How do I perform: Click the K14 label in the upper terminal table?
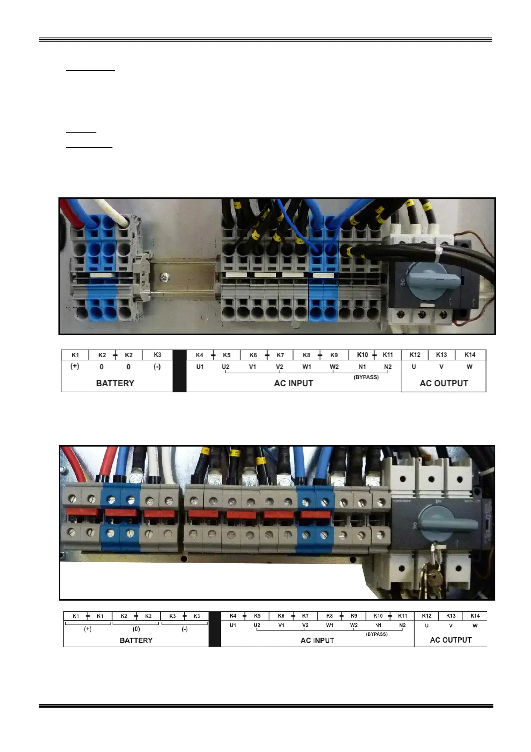[470, 355]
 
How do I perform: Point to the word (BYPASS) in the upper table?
[366, 377]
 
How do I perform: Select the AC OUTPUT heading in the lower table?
[451, 640]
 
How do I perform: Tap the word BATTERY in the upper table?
[115, 383]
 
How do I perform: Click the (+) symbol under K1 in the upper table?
[75, 367]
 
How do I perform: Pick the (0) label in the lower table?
[136, 629]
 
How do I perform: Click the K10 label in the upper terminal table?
[362, 355]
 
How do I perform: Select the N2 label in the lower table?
[402, 625]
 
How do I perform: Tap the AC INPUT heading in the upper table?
[294, 383]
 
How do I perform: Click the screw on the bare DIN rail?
[165, 277]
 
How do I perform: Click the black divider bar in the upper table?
[179, 371]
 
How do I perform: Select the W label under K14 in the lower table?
[475, 626]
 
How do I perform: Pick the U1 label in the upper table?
[200, 367]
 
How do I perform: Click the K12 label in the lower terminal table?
[427, 616]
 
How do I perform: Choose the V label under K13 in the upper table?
[441, 367]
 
